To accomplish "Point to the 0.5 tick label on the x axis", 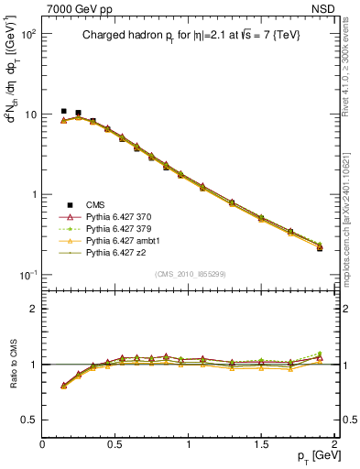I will coord(115,443).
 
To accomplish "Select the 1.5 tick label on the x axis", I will coord(262,443).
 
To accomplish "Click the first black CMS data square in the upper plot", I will coord(64,111).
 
